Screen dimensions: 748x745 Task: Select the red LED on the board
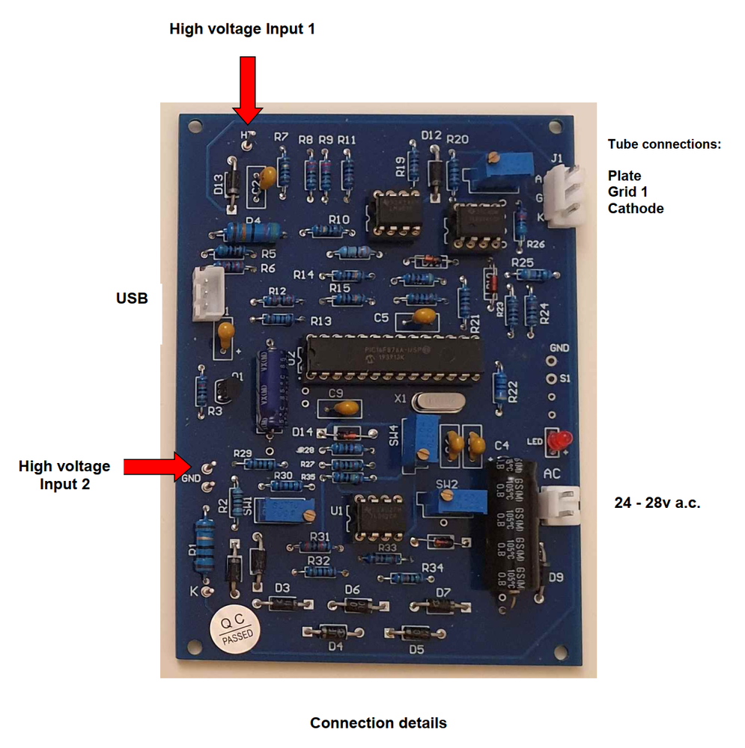(555, 440)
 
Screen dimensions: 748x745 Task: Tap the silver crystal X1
(438, 402)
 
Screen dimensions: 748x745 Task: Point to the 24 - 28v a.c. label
(657, 503)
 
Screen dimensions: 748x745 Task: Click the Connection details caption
(378, 723)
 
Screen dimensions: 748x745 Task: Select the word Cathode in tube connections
(635, 209)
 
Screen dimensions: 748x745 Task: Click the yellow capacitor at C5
(423, 317)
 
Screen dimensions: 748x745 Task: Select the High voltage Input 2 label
(64, 475)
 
